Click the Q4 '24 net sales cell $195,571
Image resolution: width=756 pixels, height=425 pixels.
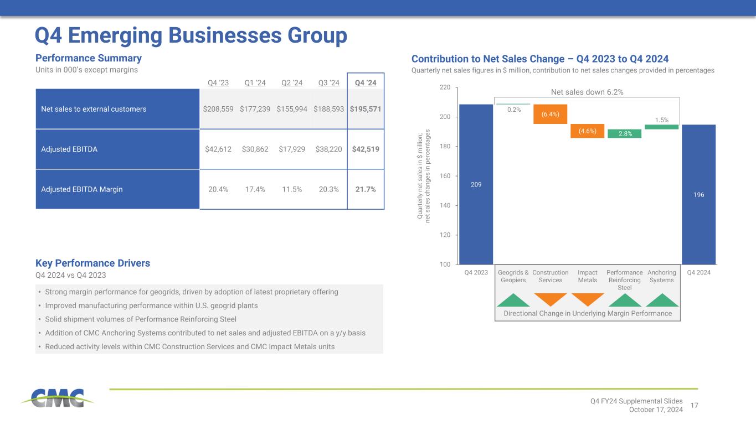point(366,109)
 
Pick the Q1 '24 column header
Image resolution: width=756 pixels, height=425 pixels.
point(255,83)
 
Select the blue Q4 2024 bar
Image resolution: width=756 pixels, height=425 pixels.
point(698,194)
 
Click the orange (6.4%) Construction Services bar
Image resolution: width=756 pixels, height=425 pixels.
point(551,114)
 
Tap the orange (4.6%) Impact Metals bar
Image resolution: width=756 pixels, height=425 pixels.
point(587,131)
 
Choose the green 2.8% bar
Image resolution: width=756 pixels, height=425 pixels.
point(624,133)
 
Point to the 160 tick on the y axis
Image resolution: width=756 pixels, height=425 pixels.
point(445,176)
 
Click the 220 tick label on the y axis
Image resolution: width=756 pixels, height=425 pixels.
point(445,87)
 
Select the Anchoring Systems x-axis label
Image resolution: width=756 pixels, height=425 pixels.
point(661,276)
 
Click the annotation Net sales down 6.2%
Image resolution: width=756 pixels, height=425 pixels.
point(588,92)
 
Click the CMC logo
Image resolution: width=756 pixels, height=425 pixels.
point(58,398)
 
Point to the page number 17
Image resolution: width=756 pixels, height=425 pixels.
point(695,406)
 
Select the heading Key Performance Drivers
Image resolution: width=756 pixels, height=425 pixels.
point(92,263)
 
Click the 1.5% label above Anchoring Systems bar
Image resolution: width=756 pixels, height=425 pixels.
point(661,120)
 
